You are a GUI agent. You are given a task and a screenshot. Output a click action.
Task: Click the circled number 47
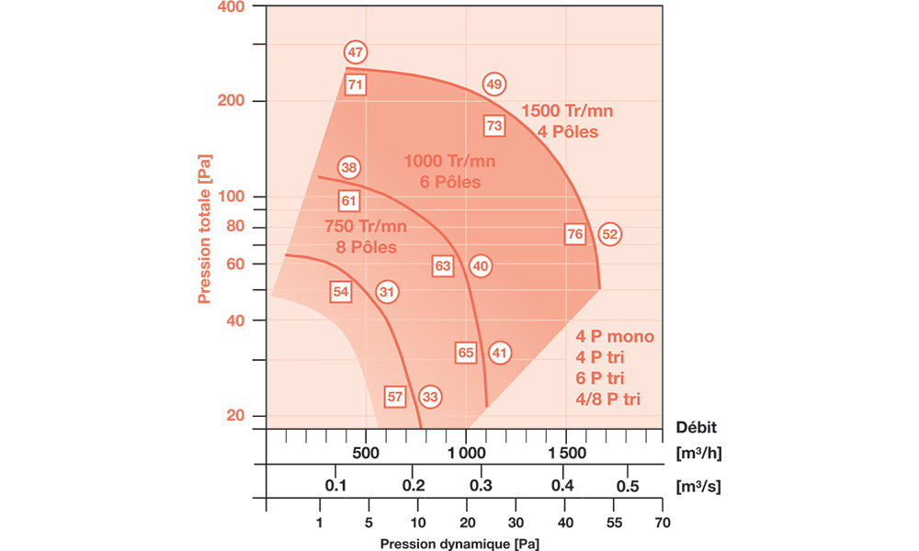click(356, 52)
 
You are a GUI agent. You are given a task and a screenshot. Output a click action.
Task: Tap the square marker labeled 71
click(357, 84)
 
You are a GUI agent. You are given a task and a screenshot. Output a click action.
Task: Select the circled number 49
click(494, 84)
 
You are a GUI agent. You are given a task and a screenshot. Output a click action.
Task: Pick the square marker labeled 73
click(494, 125)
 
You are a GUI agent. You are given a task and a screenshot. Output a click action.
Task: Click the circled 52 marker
click(610, 234)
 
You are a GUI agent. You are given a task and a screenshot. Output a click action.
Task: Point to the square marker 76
click(575, 234)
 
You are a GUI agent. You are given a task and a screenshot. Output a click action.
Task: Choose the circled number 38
click(348, 167)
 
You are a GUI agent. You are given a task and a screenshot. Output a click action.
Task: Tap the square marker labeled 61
click(348, 200)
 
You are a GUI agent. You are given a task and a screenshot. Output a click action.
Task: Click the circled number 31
click(387, 292)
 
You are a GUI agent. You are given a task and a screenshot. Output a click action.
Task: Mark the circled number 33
click(430, 397)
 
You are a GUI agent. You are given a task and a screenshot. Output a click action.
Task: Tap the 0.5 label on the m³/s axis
click(628, 486)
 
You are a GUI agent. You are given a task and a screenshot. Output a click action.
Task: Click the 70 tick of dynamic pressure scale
click(662, 523)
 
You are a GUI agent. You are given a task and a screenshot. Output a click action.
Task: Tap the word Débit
click(696, 426)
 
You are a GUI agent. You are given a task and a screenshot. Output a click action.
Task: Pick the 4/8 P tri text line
click(608, 398)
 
